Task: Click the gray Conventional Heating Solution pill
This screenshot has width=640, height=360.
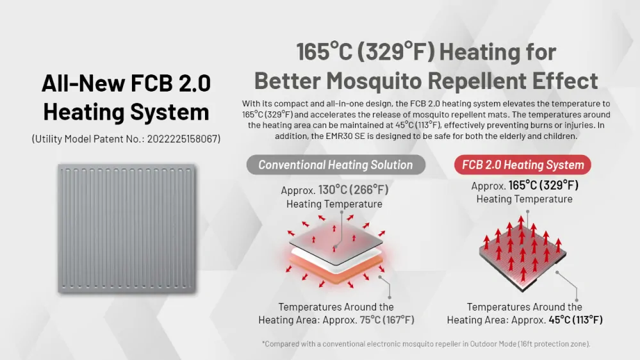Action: click(x=336, y=165)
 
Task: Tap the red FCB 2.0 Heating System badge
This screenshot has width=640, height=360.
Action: click(x=523, y=165)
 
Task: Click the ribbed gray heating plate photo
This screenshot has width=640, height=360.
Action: click(x=127, y=229)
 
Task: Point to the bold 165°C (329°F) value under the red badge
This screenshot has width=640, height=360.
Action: click(x=543, y=185)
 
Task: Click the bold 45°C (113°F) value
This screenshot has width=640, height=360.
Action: click(x=575, y=320)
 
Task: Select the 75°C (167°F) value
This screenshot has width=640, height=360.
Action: click(x=387, y=320)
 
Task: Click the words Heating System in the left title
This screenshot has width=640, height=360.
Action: click(x=126, y=112)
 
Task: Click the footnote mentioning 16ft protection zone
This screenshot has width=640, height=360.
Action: click(x=426, y=344)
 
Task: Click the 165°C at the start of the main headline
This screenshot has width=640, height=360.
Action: click(x=324, y=52)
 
